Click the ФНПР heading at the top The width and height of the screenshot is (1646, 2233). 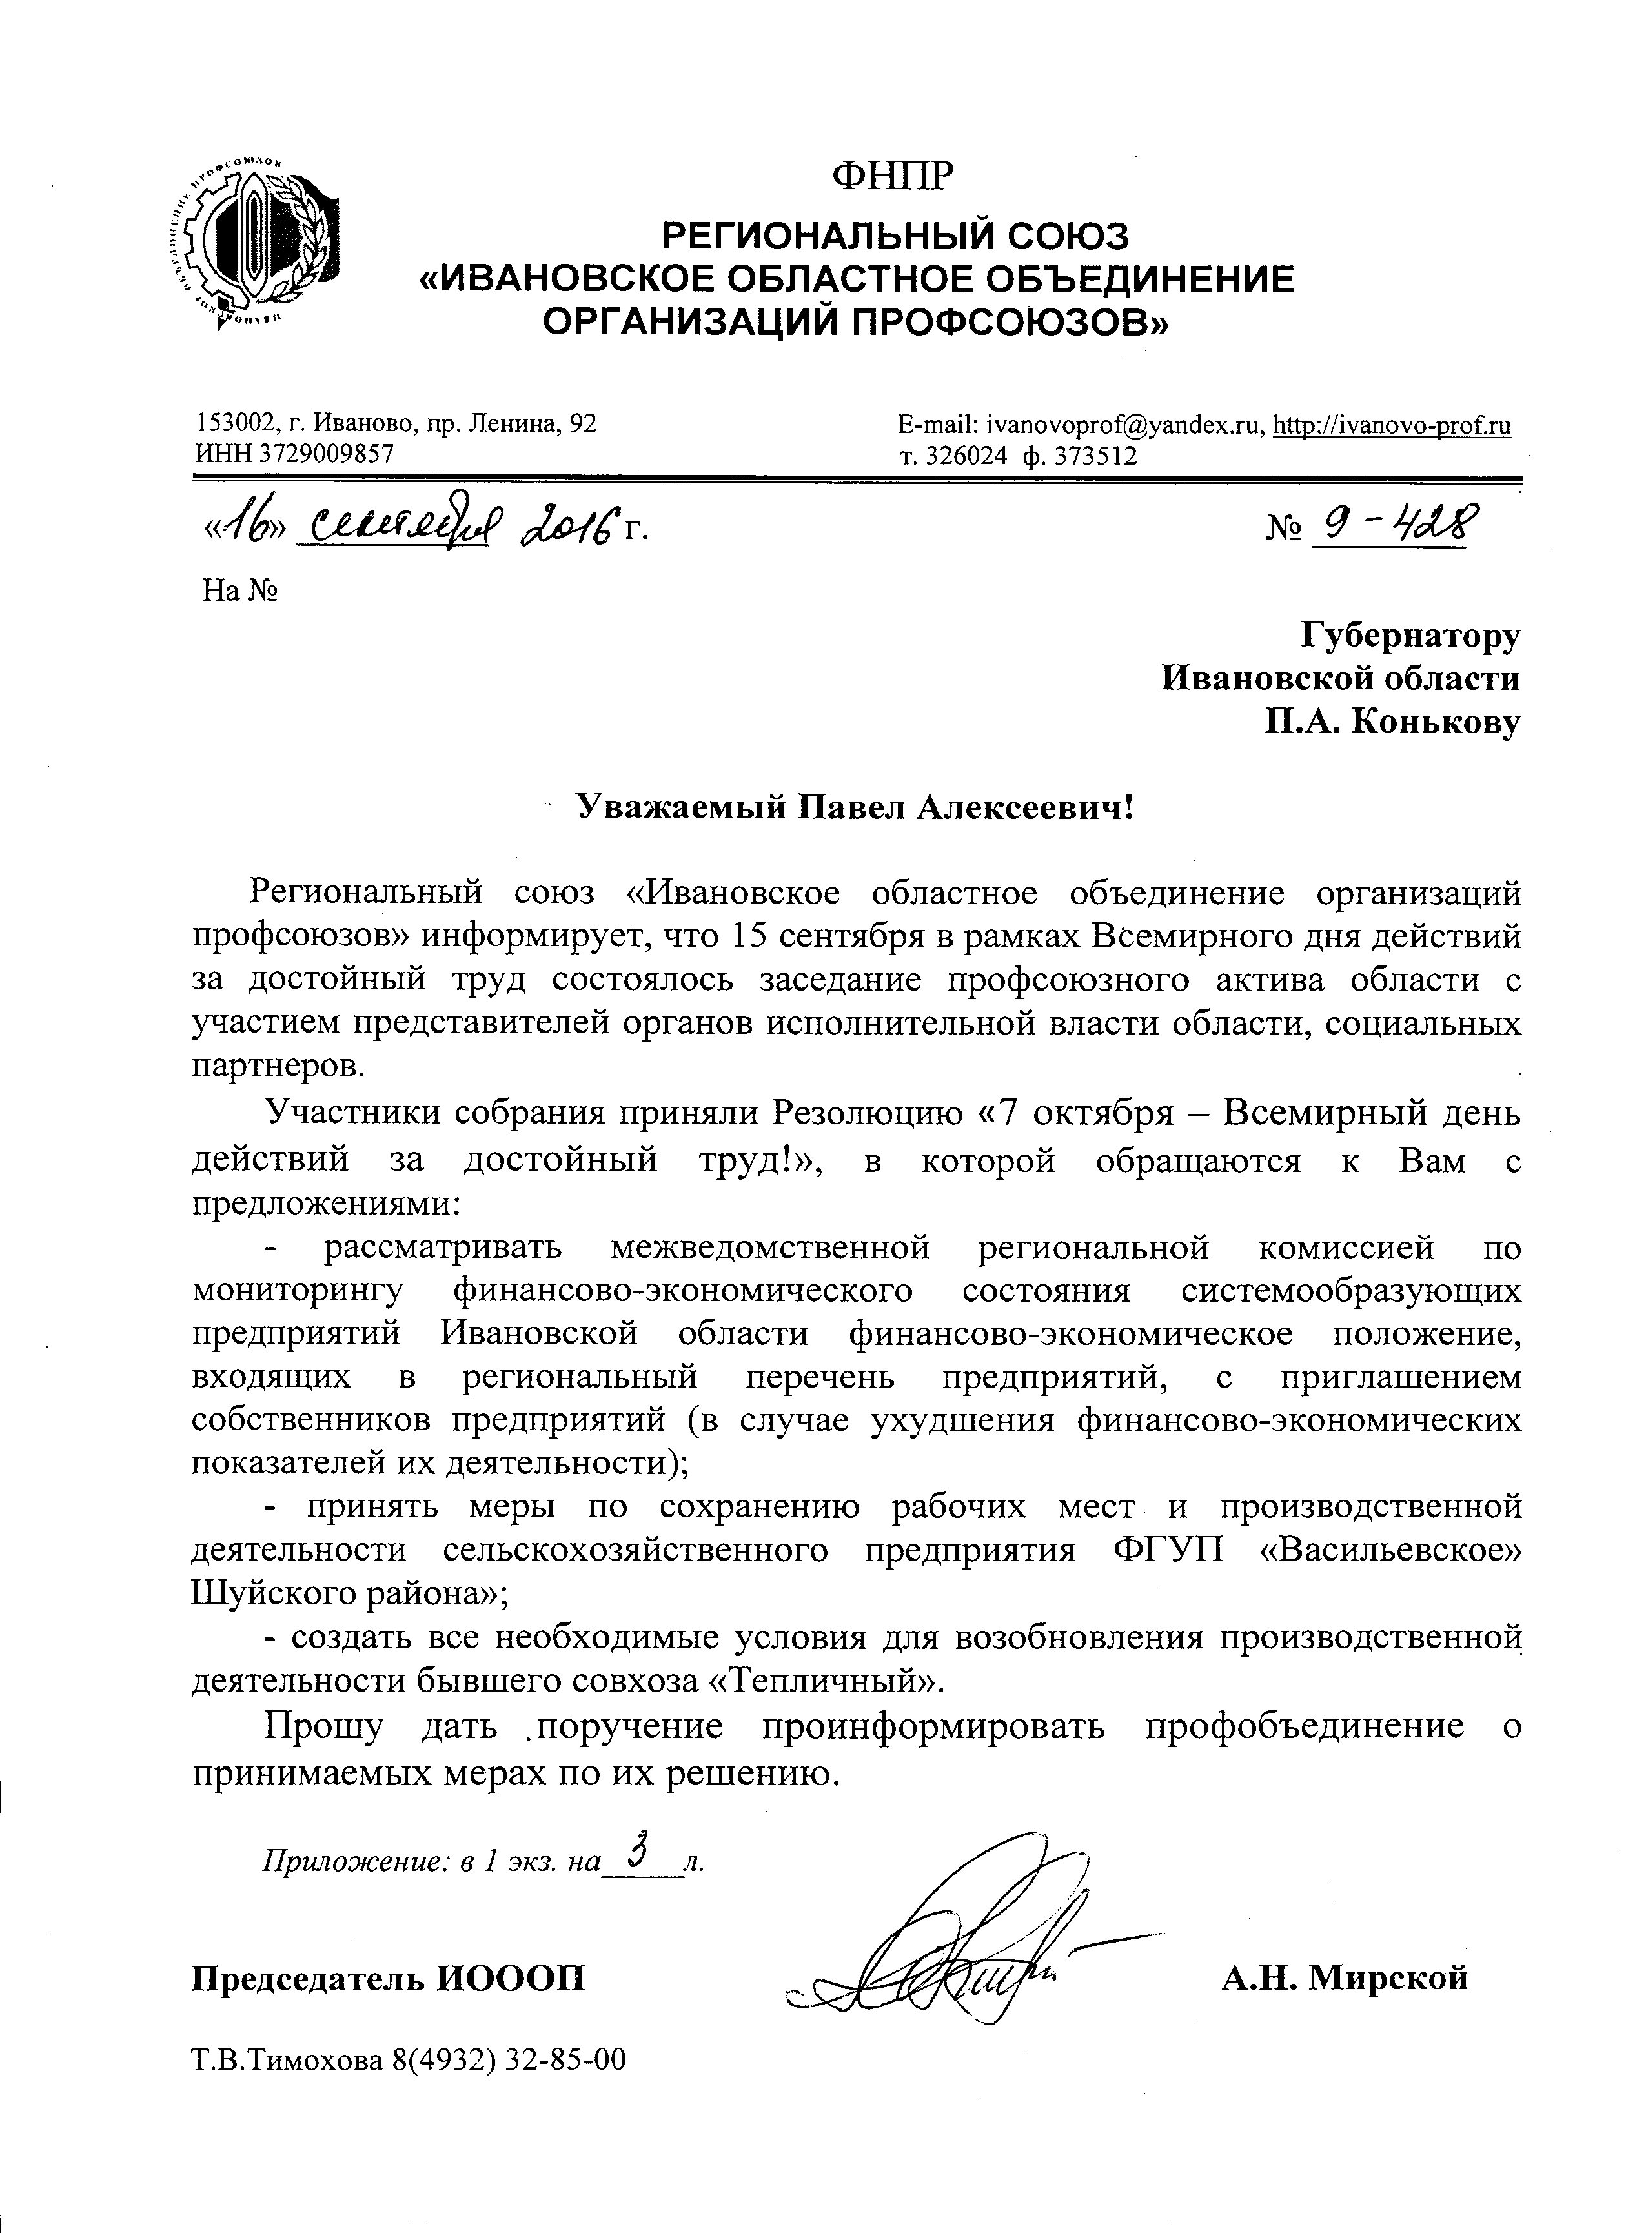point(893,176)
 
